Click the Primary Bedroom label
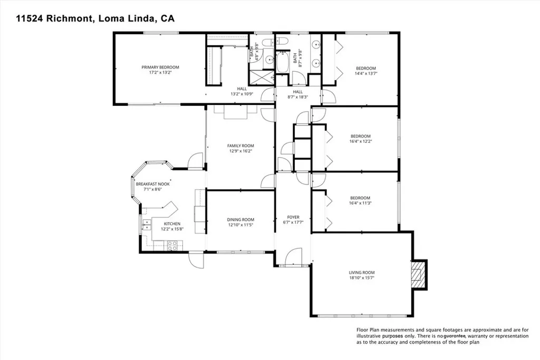coord(160,67)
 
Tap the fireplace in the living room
coord(419,274)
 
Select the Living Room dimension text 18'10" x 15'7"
coord(361,278)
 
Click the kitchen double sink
coord(145,226)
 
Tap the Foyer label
coord(293,217)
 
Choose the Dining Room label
coord(240,220)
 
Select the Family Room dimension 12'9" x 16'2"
coord(240,151)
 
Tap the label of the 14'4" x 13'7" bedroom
coord(365,69)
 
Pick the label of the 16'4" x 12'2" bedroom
coord(361,135)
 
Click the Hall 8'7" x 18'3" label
coord(298,92)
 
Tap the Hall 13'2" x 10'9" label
coord(242,89)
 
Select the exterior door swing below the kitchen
coord(195,259)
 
